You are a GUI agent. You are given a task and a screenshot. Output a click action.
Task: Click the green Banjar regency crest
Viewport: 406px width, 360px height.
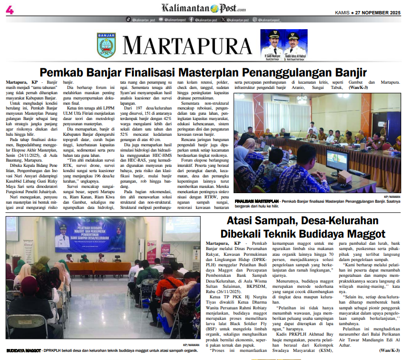[106, 45]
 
